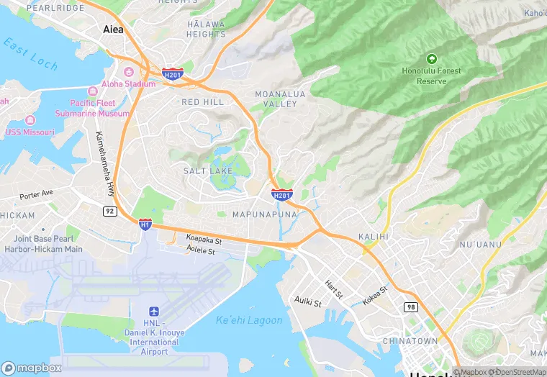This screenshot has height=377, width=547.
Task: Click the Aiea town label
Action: tap(113, 29)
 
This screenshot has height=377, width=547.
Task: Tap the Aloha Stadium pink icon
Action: tap(129, 72)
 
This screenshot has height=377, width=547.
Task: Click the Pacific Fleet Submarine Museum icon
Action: tap(92, 91)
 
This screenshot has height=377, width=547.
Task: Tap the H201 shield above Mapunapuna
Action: tap(282, 195)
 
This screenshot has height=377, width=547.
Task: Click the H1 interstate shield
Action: tap(145, 225)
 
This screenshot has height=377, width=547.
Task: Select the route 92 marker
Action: tap(109, 211)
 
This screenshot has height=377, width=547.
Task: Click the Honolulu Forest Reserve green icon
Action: tap(432, 58)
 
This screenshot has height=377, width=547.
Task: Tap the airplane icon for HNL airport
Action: tap(153, 311)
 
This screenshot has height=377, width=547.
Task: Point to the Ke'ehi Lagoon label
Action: tap(249, 319)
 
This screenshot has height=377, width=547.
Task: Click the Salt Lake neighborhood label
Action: tap(208, 171)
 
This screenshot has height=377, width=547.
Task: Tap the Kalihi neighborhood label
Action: tap(373, 236)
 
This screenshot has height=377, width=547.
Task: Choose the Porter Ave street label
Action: tap(37, 194)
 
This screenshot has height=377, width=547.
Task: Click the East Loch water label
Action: tap(30, 55)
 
